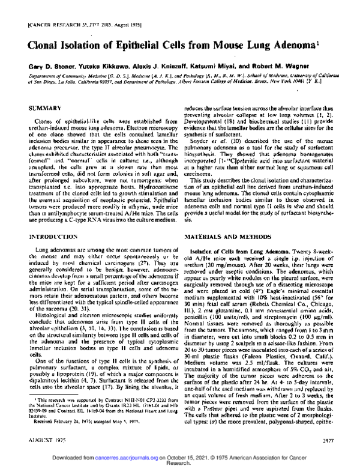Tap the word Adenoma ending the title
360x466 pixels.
point(298,45)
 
